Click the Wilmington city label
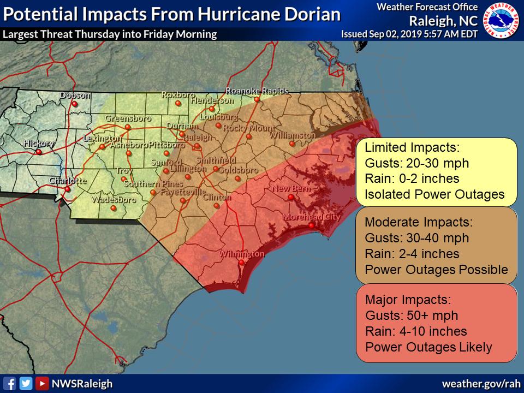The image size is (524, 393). (242, 254)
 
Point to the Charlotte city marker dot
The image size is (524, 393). (67, 189)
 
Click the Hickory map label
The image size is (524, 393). (39, 144)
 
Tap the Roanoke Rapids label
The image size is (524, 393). (257, 91)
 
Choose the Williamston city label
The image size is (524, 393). (293, 135)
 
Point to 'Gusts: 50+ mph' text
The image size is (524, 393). (411, 315)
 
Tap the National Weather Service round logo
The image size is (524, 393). (501, 20)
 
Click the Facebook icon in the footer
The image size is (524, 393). (9, 383)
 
